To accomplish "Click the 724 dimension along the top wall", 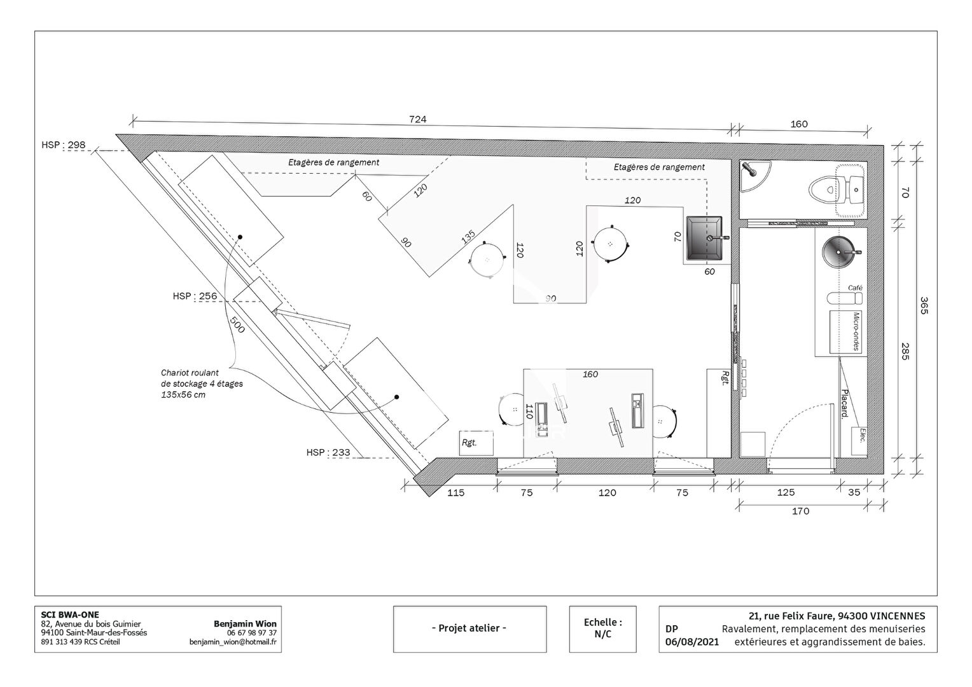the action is (x=417, y=119).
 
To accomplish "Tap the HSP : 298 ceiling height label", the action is (x=64, y=144).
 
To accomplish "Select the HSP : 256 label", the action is (x=195, y=296).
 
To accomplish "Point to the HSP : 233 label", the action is (x=328, y=452).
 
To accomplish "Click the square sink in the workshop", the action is (x=705, y=239).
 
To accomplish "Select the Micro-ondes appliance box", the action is (x=845, y=332).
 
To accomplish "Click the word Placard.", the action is (x=844, y=403).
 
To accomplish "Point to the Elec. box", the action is (x=859, y=441).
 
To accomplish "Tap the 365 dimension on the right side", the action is (x=924, y=305).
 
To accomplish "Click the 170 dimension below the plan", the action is (x=801, y=511).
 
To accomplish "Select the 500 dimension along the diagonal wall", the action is (x=237, y=325).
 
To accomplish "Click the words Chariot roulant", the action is (x=190, y=373).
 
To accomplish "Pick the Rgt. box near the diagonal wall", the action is (x=476, y=443).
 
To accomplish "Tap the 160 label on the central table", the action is (x=590, y=374).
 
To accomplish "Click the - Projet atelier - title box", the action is (x=469, y=629).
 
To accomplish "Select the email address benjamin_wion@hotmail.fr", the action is (x=233, y=642).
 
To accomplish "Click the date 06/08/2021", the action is (x=691, y=642).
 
